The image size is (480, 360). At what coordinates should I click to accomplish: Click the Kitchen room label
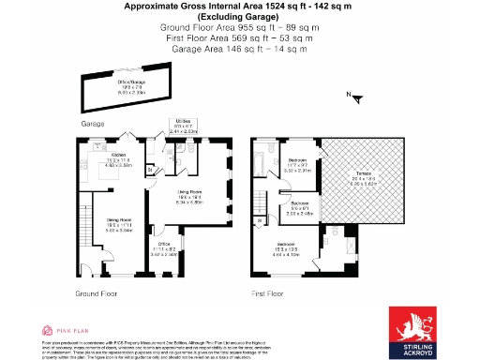(x=119, y=157)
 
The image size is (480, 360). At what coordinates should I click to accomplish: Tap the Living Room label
(x=190, y=196)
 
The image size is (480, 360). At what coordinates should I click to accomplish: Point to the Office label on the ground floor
(x=164, y=247)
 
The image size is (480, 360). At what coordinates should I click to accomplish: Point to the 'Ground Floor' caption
(x=94, y=293)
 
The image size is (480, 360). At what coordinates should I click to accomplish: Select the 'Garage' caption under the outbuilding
(x=92, y=124)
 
